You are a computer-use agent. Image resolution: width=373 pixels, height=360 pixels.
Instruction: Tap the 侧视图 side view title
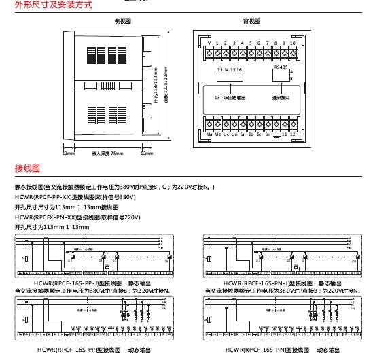tap(122, 22)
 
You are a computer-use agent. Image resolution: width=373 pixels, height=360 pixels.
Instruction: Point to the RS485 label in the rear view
tap(280, 67)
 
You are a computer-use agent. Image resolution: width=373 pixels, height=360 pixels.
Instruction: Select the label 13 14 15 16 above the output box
tap(228, 70)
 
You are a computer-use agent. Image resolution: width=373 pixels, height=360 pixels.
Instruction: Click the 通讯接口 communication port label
tap(281, 97)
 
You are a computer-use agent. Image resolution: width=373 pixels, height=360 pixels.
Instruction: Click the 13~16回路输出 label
tap(229, 97)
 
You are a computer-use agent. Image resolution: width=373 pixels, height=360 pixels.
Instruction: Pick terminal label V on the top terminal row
tap(208, 42)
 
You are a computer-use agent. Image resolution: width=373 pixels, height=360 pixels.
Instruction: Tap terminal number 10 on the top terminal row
tap(291, 42)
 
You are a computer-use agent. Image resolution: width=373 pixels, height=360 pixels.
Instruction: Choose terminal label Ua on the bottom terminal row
tap(209, 134)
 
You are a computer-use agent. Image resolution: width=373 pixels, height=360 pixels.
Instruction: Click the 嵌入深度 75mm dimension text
tap(107, 154)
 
